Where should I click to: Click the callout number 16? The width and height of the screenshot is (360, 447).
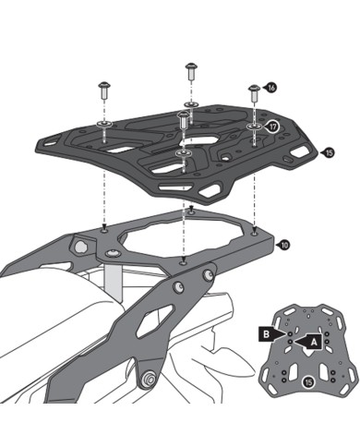[x=270, y=87]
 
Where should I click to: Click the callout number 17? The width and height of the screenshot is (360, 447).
[x=273, y=126]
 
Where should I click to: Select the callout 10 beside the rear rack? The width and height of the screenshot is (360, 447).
[x=284, y=245]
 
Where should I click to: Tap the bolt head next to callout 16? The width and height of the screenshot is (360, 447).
[x=252, y=91]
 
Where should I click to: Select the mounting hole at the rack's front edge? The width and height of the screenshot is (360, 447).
[x=190, y=211]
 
